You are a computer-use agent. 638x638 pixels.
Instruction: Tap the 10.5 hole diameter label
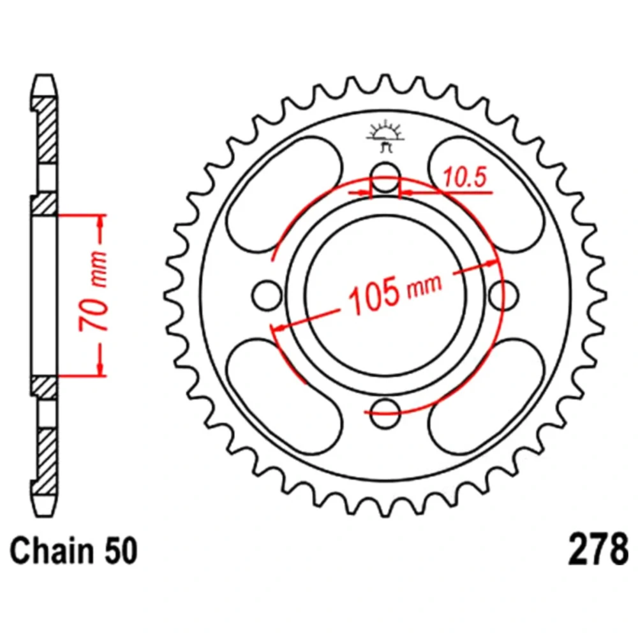click(464, 178)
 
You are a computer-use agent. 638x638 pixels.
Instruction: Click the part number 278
click(598, 549)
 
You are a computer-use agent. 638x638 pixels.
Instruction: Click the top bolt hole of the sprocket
click(385, 177)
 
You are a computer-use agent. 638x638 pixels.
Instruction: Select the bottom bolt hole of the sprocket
click(385, 413)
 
